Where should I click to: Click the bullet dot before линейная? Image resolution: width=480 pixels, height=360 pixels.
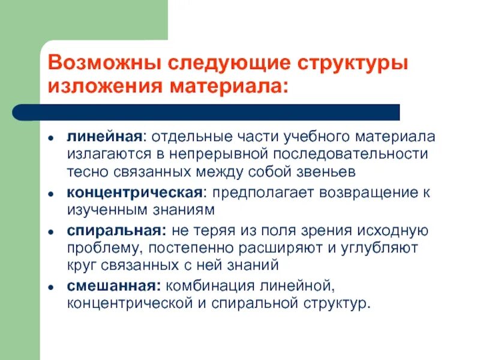(53, 137)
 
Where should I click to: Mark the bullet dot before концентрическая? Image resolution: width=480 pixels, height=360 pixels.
(53, 193)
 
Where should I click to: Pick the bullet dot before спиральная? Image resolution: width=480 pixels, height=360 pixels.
(53, 231)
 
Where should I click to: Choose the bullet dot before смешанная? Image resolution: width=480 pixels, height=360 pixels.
(53, 286)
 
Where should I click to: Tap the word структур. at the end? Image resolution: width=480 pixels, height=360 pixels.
(338, 303)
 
